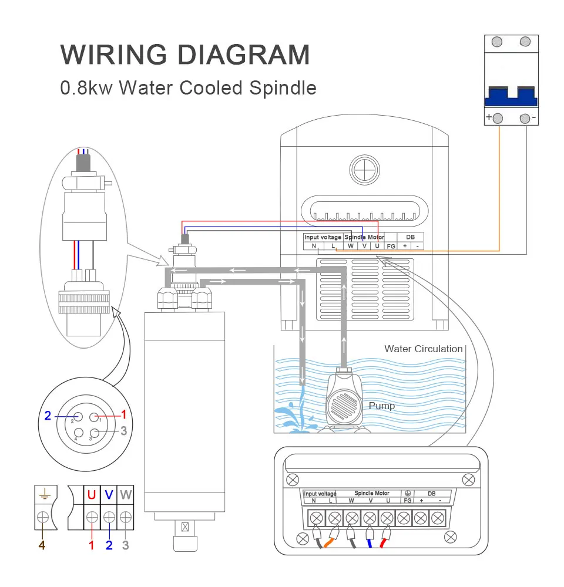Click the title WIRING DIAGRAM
tap(185, 55)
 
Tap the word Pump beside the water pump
tap(382, 406)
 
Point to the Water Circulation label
tap(423, 349)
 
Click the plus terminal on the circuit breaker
tap(498, 117)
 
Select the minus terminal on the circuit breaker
tap(525, 117)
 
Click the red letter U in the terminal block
tap(92, 494)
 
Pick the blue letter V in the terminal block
tap(109, 494)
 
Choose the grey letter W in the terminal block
tap(126, 494)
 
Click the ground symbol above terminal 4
tap(43, 494)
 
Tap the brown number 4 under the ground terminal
tap(42, 545)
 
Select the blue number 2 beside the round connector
tap(48, 416)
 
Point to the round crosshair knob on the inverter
tap(366, 170)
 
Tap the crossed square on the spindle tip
tap(186, 527)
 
